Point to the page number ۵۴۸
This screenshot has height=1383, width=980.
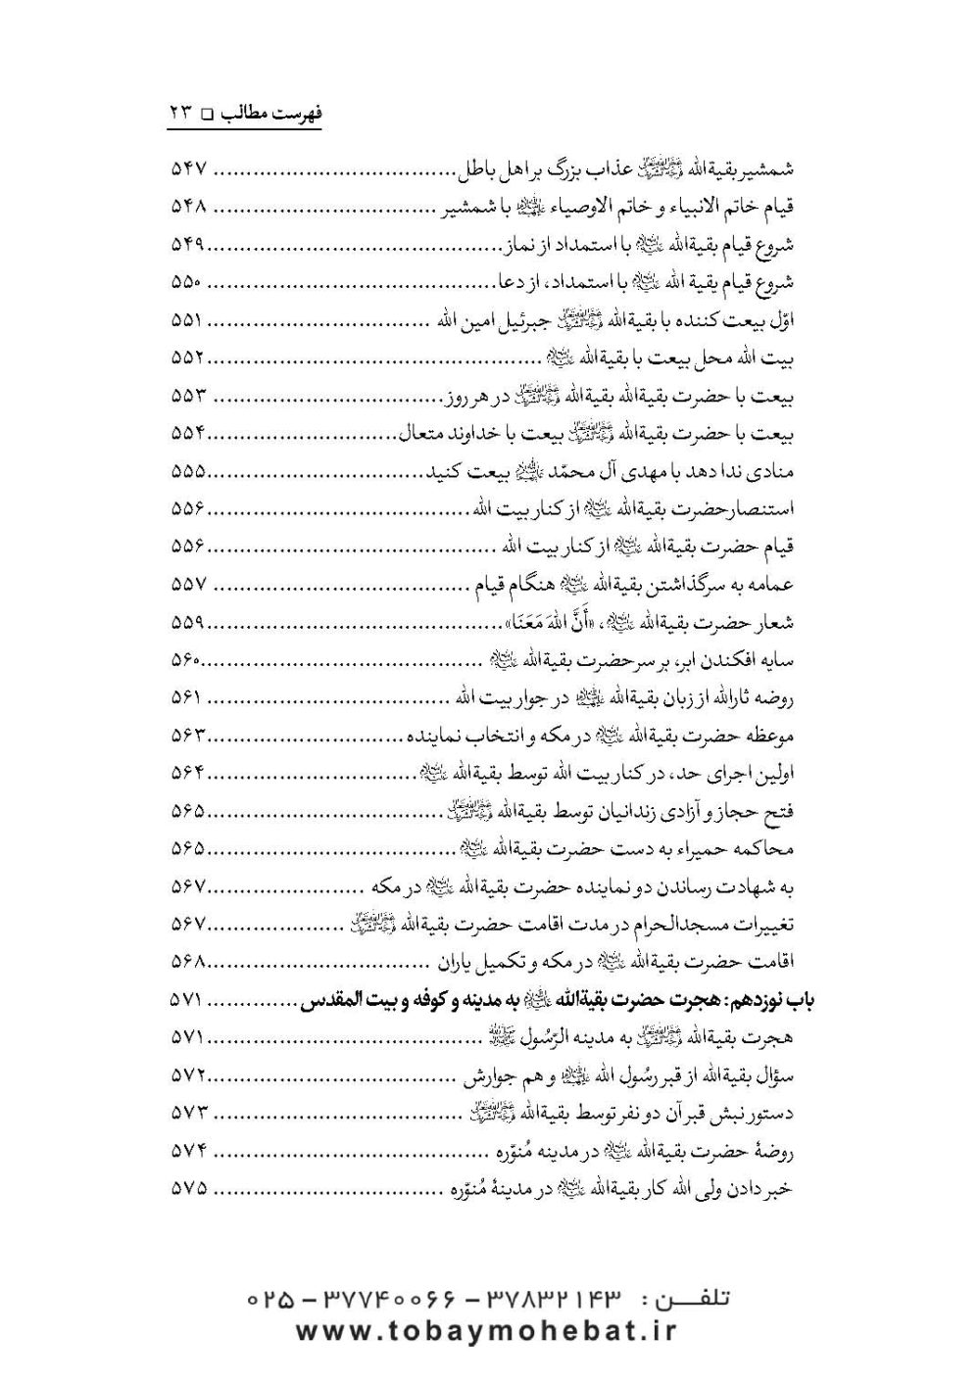point(186,208)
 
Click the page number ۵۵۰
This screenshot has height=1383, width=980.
point(186,283)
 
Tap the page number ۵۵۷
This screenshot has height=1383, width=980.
point(186,585)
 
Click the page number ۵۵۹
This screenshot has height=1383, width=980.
point(186,623)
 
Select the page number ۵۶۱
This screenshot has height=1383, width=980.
point(186,698)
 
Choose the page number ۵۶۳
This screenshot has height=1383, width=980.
point(186,736)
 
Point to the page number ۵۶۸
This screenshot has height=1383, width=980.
point(186,962)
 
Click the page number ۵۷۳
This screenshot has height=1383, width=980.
point(186,1113)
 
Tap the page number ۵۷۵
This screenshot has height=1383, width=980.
point(186,1188)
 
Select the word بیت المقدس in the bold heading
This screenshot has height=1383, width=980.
point(344,1000)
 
